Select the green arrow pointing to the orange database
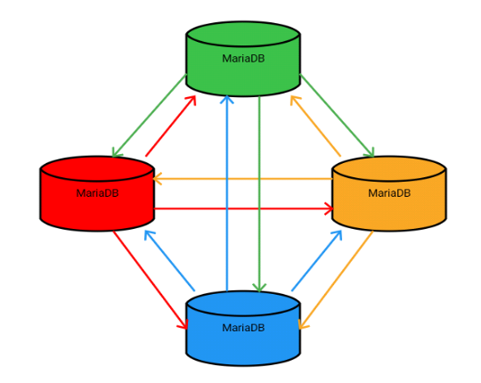click(338, 116)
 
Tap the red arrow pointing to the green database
click(171, 126)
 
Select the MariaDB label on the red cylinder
click(98, 192)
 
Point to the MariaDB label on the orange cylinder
click(389, 192)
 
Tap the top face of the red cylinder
click(98, 168)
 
